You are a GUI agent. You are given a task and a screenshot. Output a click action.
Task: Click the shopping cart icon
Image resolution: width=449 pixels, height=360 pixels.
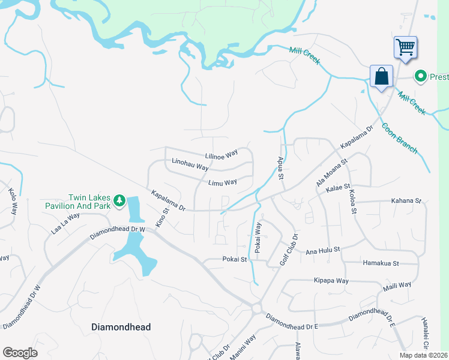tap(406, 47)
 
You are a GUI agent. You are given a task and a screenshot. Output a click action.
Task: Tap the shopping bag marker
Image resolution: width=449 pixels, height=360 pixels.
tap(381, 76)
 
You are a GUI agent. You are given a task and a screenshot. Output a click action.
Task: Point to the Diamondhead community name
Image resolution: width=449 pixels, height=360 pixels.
tap(121, 327)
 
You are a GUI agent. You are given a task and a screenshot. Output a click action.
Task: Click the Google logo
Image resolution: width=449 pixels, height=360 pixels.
tap(20, 353)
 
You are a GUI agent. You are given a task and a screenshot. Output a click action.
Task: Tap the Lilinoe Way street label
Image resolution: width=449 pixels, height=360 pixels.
tap(221, 155)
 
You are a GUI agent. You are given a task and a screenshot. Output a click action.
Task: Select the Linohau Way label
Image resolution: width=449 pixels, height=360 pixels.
tap(190, 164)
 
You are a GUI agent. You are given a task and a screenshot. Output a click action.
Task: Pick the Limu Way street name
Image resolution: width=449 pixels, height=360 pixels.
tap(222, 182)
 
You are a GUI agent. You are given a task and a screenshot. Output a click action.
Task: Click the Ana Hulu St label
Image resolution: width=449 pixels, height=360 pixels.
tap(323, 249)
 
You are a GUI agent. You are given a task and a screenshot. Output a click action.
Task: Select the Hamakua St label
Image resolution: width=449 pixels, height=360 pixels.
tap(381, 263)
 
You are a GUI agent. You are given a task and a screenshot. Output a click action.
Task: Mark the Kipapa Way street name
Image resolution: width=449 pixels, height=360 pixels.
tap(331, 280)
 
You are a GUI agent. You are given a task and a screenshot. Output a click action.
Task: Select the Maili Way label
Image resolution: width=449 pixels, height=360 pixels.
tap(397, 286)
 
